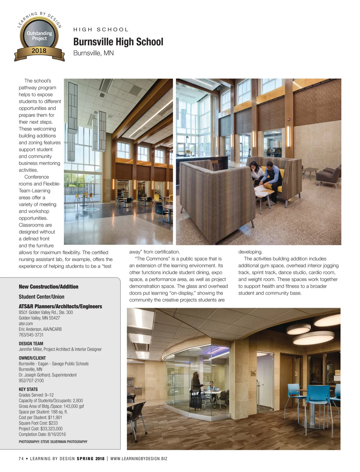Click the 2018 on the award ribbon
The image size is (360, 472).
tap(39, 51)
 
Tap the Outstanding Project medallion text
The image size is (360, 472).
tap(39, 36)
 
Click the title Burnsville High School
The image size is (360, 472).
tap(118, 42)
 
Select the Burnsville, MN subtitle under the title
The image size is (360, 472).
tap(93, 53)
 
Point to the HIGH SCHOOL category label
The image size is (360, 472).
tap(101, 29)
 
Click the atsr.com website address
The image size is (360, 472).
tap(26, 324)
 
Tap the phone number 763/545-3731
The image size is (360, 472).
tap(31, 335)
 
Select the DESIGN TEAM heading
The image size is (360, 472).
tap(31, 343)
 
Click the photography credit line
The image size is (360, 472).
tap(53, 442)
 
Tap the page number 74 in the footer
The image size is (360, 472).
tap(21, 459)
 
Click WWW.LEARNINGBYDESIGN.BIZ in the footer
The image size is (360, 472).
tap(139, 459)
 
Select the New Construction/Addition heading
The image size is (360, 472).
tap(49, 287)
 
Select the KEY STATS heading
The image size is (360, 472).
tap(28, 389)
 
